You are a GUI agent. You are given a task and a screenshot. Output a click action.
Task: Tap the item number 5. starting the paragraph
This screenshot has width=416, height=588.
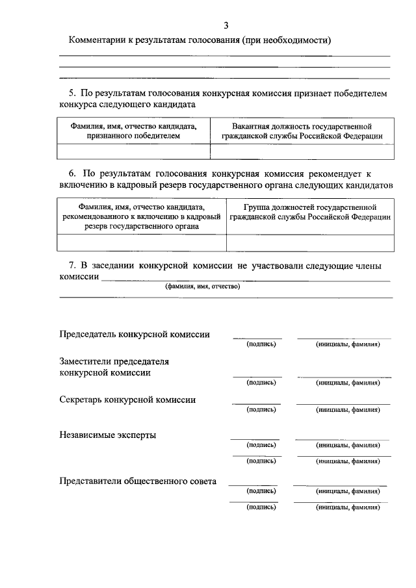tap(72, 94)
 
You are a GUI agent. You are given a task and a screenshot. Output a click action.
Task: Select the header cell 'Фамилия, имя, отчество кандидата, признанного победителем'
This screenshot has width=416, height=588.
tap(133, 131)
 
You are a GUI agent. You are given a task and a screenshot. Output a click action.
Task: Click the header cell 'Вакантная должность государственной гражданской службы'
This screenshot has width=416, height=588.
tap(301, 131)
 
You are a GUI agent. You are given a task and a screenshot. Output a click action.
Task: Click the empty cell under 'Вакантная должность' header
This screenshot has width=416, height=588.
tap(301, 151)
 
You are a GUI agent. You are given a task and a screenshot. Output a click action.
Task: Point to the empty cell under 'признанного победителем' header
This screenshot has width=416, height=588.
tap(133, 151)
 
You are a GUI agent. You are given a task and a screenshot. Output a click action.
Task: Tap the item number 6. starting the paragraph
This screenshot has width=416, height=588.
tap(72, 174)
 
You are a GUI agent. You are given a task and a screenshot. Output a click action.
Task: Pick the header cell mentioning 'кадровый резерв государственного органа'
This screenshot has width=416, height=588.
tap(142, 217)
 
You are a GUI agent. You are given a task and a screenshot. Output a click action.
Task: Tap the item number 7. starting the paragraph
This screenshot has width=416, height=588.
tap(72, 266)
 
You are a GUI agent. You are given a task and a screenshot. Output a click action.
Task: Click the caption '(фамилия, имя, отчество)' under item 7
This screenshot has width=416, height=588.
tap(202, 286)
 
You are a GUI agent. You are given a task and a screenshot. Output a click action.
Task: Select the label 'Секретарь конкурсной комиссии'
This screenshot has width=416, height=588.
tap(127, 400)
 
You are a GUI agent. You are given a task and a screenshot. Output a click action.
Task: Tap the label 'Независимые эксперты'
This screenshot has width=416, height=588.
tap(107, 435)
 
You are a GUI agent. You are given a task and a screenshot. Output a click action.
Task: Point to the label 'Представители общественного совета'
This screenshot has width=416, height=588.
tap(138, 481)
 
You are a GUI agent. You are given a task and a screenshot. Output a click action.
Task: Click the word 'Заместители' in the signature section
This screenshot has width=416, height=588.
tap(84, 361)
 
